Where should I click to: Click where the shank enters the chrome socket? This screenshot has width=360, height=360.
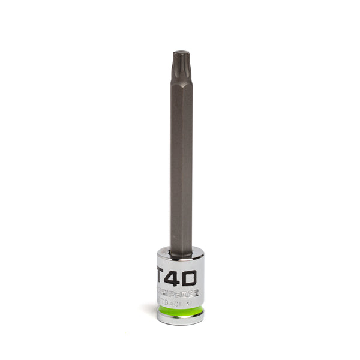[x=180, y=254]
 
